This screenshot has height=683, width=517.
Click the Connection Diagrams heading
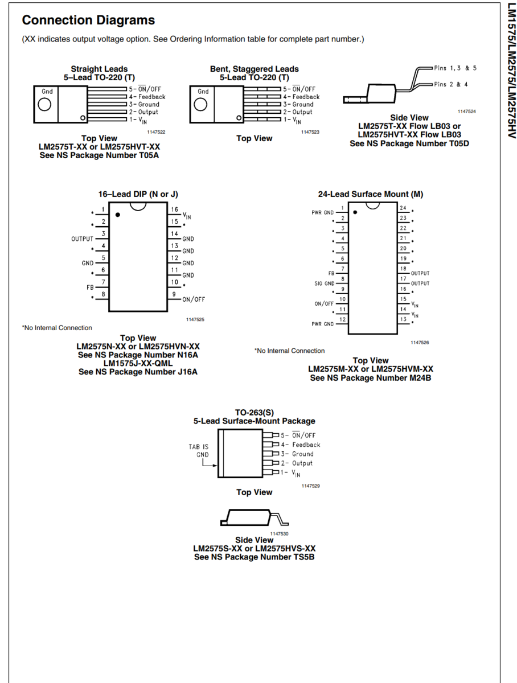(88, 20)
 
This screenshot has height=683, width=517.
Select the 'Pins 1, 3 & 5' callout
(455, 68)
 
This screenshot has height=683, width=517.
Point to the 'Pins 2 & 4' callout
(451, 84)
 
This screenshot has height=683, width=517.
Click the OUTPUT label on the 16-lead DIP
(82, 239)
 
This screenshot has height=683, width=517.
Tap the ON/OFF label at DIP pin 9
(194, 299)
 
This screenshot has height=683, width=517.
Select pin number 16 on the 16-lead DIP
(175, 210)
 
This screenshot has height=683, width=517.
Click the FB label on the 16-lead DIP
(90, 287)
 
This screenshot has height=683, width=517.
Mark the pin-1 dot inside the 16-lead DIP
(118, 215)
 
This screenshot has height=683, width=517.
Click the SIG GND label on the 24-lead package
(325, 283)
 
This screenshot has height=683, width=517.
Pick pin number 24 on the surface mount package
(403, 208)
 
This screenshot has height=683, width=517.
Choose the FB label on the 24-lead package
(331, 273)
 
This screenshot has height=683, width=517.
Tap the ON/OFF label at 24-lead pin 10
(324, 303)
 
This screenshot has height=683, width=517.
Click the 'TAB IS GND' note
(199, 451)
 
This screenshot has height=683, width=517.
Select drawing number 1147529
(311, 486)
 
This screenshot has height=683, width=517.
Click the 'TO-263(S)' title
(254, 412)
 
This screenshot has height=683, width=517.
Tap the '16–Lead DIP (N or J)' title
(138, 194)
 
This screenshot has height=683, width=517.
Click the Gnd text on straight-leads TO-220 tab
(47, 92)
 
